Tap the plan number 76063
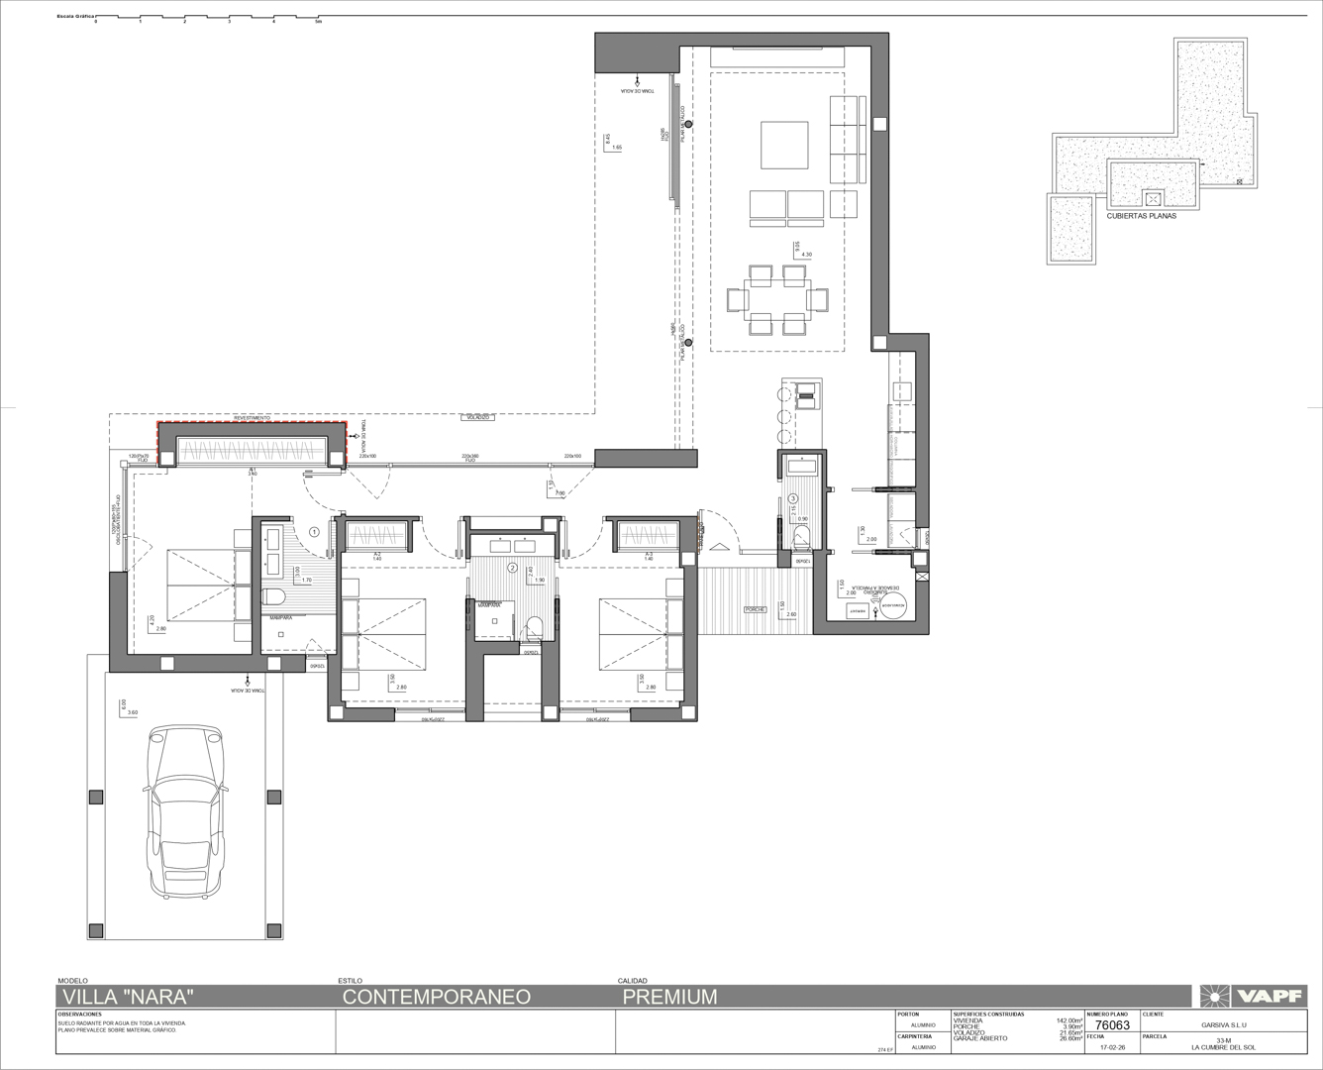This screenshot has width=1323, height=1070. click(x=1113, y=1026)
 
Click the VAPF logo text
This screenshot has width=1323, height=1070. click(x=1265, y=996)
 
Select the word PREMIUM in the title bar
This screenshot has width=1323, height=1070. click(x=669, y=997)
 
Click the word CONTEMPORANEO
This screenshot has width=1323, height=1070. click(x=437, y=997)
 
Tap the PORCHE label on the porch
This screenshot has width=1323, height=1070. click(x=757, y=609)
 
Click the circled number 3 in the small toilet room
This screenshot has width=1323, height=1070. click(x=793, y=498)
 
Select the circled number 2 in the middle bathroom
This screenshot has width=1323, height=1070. click(x=512, y=568)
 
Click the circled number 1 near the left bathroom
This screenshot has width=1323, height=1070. click(x=314, y=532)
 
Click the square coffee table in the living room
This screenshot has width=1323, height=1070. click(x=787, y=145)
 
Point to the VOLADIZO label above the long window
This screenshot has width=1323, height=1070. click(x=479, y=418)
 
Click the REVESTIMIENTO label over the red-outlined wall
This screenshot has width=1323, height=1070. click(x=252, y=418)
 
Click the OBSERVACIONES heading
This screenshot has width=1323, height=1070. click(x=80, y=1015)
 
